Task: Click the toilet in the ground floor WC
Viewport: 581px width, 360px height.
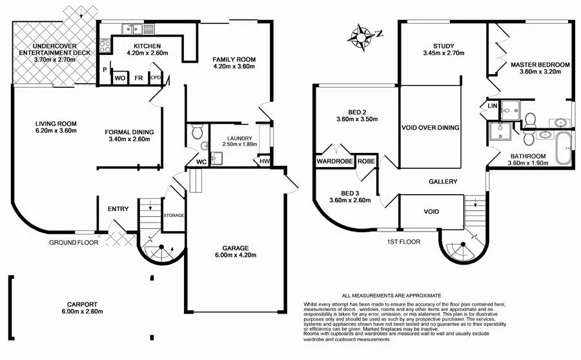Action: point(198,133)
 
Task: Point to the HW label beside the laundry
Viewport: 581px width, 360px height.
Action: point(264,161)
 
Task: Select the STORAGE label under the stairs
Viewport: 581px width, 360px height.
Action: point(174,215)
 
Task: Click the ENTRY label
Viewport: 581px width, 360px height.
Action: point(118,208)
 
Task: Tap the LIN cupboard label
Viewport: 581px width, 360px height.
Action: point(493,105)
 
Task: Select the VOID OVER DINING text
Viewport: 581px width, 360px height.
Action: point(430,128)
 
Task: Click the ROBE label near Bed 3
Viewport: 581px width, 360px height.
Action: point(367,161)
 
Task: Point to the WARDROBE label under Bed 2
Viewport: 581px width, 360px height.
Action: point(334,161)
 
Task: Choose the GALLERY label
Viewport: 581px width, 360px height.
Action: point(443,182)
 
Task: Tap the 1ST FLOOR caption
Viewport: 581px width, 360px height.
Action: point(403,242)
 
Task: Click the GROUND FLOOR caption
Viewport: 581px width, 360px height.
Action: point(74,243)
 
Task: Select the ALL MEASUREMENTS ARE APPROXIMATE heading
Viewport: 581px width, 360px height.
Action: point(391,294)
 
